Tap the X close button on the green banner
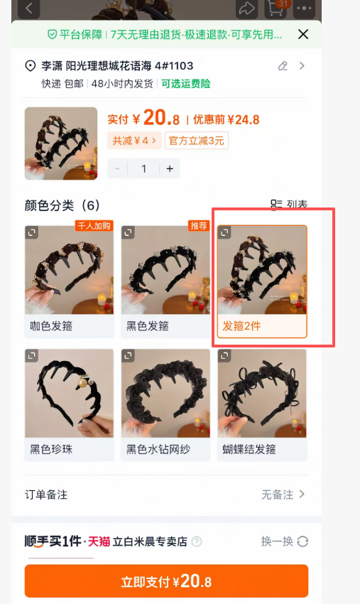coord(303,34)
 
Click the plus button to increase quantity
coord(170,168)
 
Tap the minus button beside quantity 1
coord(117,168)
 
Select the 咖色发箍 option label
coord(51,326)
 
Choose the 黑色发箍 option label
coord(148,326)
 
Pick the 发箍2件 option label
coord(242,326)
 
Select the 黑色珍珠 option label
coord(51,449)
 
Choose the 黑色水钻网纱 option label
coord(158,449)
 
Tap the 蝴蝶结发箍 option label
coord(249,449)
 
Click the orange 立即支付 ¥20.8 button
coord(166,581)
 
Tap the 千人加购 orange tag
coord(94,226)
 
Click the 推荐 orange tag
coord(199,226)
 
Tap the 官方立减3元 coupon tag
coord(197,141)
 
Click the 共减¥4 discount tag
coord(134,141)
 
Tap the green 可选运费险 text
coord(185,84)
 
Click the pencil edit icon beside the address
coord(283,66)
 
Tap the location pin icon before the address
coord(30,66)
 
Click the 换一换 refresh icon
coord(302,541)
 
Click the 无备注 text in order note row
coord(277,495)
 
